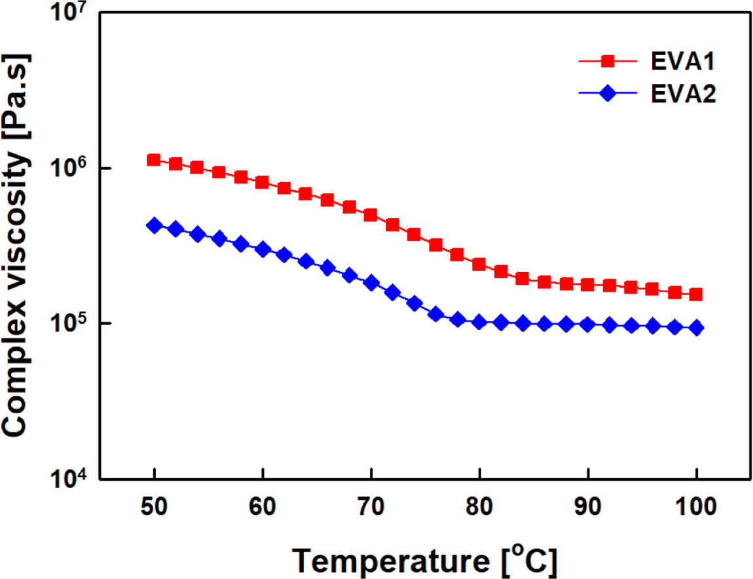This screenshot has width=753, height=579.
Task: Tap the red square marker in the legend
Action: pos(608,62)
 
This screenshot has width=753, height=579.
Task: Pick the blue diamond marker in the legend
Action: pos(608,94)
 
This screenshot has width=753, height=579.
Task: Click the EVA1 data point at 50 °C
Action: pos(154,160)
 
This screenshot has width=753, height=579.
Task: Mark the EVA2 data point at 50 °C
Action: pos(154,225)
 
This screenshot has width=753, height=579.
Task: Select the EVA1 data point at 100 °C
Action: pos(696,295)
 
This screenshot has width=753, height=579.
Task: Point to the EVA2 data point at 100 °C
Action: pos(696,327)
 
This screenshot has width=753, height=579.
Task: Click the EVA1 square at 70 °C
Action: pos(371,215)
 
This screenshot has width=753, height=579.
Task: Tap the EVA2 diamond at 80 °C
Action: pos(479,322)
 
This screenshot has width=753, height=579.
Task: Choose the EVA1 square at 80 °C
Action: pos(479,265)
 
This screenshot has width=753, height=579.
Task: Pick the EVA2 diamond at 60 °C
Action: pos(263,249)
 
